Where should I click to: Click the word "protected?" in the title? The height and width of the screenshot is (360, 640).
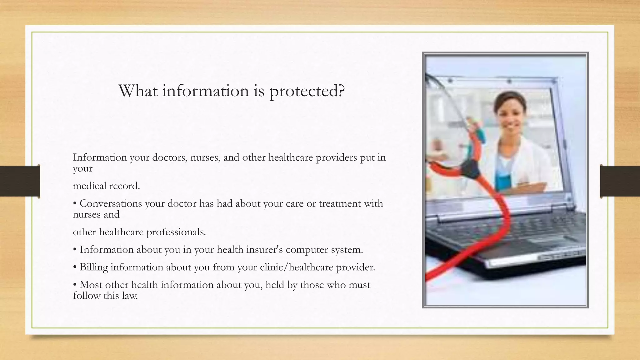click(x=307, y=91)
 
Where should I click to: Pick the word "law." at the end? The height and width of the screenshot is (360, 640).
click(x=130, y=296)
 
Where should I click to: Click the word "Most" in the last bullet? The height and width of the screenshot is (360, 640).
click(x=91, y=285)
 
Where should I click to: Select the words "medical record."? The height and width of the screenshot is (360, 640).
click(x=106, y=186)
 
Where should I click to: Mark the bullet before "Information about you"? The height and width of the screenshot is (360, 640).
click(x=75, y=250)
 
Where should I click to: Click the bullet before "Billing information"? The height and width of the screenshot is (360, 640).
click(x=75, y=267)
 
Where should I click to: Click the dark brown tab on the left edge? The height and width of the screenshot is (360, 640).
click(x=20, y=181)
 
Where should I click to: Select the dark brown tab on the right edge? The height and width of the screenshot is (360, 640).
click(x=620, y=181)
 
